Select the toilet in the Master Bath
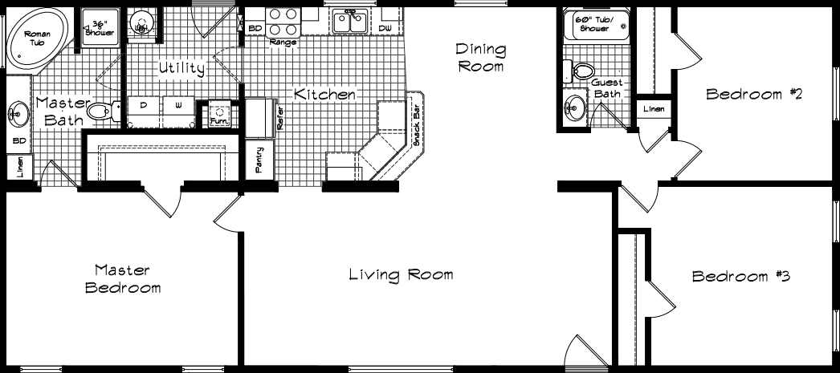pos(100,110)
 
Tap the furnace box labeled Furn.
pos(218,114)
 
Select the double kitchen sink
pos(349,22)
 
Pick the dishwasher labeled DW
pos(385,28)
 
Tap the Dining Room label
pos(481,59)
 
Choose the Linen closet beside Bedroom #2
pos(653,109)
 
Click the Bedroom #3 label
pos(742,277)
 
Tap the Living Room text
pos(401,275)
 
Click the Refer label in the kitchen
pos(279,120)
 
